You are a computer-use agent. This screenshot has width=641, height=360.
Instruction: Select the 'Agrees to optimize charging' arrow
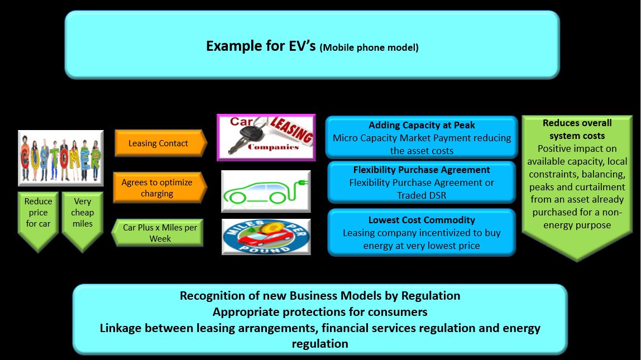(x=160, y=188)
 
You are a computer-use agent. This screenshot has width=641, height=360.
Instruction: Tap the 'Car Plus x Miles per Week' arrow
(x=157, y=233)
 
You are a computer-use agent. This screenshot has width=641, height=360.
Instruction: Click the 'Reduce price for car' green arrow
(x=38, y=220)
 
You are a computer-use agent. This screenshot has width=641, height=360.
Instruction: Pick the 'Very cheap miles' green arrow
(x=82, y=220)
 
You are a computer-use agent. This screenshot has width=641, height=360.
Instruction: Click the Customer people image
(x=60, y=158)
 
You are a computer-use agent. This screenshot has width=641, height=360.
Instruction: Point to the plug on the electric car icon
(x=302, y=183)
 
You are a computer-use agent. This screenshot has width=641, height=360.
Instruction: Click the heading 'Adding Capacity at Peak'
(x=422, y=125)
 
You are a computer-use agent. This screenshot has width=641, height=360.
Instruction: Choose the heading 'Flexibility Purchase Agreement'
(x=422, y=170)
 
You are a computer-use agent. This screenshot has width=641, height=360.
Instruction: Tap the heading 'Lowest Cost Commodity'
(x=422, y=220)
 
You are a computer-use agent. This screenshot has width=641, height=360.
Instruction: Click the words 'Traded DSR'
(x=422, y=195)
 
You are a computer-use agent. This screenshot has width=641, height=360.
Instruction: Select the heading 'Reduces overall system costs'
(x=577, y=129)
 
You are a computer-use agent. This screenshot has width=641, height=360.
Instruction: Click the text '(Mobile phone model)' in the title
(x=369, y=47)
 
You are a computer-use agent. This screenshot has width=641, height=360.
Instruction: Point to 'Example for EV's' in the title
(x=261, y=46)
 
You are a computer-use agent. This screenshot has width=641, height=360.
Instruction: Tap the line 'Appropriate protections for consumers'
(x=320, y=312)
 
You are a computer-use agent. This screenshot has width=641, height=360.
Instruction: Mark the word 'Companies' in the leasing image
(x=273, y=147)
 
